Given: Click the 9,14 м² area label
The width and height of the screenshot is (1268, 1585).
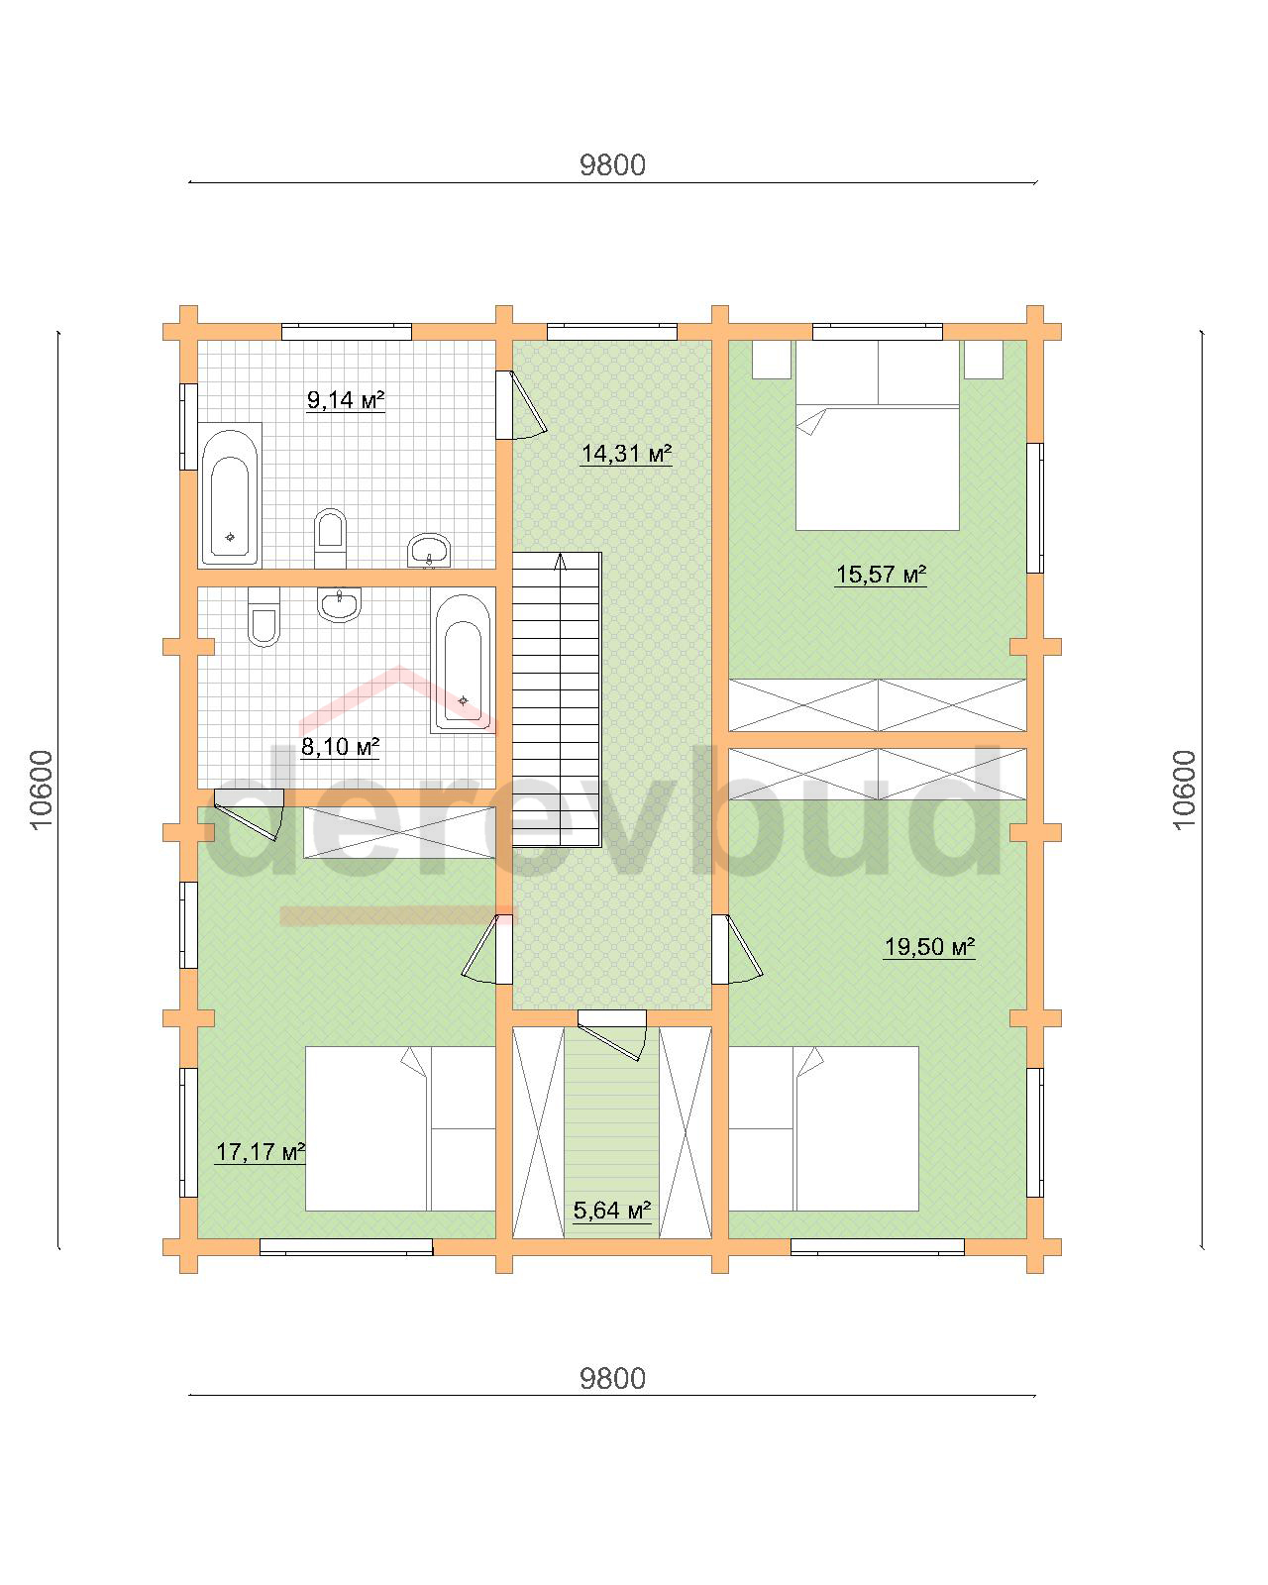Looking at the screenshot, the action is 346,400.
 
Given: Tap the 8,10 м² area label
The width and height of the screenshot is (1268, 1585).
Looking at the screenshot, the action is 340,747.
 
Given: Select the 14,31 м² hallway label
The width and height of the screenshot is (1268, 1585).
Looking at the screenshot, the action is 626,454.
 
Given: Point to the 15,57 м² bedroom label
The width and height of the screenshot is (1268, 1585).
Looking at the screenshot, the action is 881,574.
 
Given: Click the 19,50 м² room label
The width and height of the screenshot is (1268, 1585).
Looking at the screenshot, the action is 929,946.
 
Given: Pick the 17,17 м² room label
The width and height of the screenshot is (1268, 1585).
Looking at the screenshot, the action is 261,1151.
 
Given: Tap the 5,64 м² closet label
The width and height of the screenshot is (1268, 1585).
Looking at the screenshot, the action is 612,1211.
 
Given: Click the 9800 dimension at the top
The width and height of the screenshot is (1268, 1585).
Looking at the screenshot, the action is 612,165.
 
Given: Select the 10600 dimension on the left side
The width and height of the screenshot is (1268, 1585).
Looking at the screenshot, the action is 42,790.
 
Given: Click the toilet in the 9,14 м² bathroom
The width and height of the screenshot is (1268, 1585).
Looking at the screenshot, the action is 330,538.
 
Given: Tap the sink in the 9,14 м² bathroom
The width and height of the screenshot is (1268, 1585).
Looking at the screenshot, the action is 429,550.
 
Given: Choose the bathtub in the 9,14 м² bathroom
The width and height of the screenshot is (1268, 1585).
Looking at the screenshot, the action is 230,495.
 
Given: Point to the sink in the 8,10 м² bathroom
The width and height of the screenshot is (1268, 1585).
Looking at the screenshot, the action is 339,604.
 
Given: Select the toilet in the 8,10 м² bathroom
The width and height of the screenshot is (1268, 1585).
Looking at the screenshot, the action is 264,617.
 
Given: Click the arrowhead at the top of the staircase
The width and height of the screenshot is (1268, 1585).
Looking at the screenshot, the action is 560,562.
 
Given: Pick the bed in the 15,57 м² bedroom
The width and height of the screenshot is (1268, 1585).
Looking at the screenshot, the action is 877,435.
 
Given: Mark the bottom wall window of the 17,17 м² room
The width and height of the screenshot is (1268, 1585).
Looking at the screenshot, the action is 346,1247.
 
